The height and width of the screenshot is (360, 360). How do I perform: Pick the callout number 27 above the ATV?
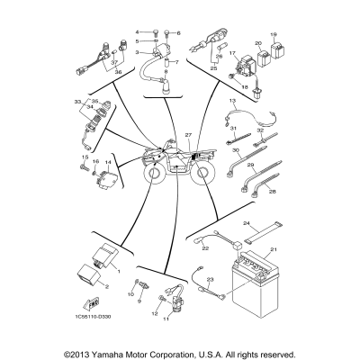pos(188,135)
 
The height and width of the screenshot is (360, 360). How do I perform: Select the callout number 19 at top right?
pos(274,32)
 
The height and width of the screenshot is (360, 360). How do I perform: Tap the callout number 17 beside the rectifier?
pos(230,53)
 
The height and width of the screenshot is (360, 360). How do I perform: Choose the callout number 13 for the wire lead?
pos(230,102)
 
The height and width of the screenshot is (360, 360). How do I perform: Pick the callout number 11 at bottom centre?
pos(166,319)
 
